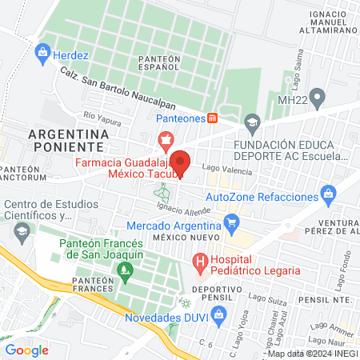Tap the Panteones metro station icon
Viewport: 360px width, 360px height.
(212, 118)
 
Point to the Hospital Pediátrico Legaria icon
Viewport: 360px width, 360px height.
(199, 261)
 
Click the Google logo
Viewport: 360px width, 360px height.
(27, 350)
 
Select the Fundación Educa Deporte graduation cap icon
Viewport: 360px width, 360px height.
(253, 122)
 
